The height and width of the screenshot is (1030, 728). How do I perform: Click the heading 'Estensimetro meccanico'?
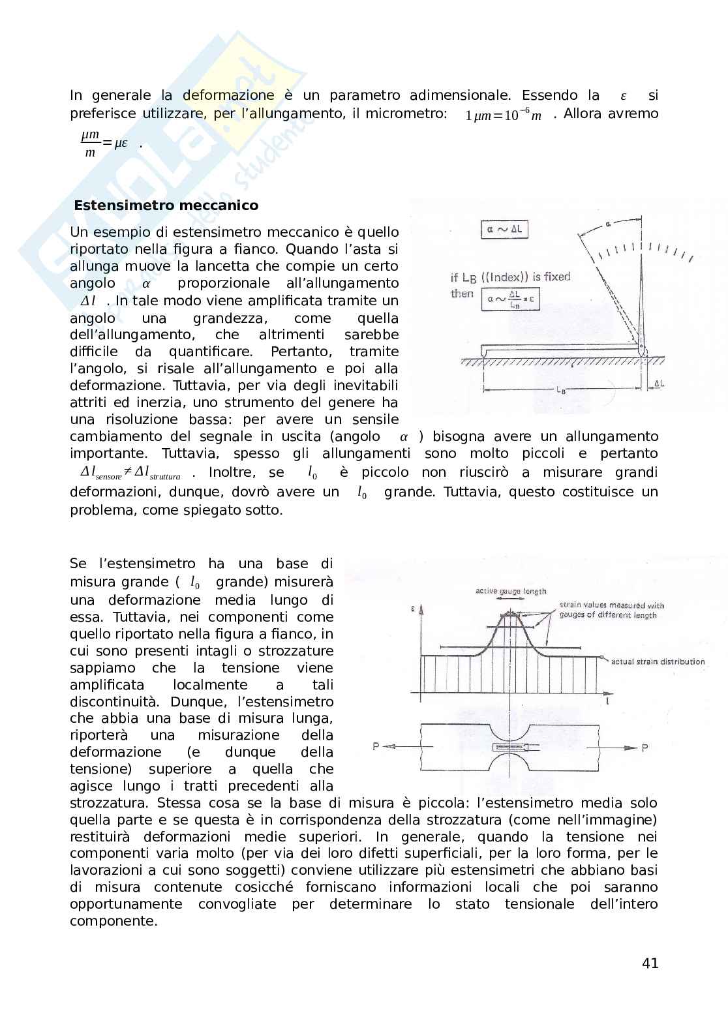(166, 205)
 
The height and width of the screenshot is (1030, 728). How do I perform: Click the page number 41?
(650, 963)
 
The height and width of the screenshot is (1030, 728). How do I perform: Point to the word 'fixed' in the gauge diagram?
(556, 277)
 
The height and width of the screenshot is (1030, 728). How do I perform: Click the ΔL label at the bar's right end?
(658, 384)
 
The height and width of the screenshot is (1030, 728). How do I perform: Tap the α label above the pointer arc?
(607, 224)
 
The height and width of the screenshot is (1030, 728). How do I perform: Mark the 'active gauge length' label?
(510, 591)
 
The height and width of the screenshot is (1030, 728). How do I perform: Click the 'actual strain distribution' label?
(658, 661)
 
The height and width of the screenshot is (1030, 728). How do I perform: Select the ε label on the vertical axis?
(414, 609)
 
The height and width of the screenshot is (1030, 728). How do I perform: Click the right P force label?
(645, 748)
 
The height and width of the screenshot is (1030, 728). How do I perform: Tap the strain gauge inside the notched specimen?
(507, 747)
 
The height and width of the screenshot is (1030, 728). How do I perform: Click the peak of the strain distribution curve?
(508, 614)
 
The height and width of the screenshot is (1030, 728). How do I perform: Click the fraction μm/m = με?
(104, 144)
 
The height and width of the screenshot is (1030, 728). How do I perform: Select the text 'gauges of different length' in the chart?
(607, 615)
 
